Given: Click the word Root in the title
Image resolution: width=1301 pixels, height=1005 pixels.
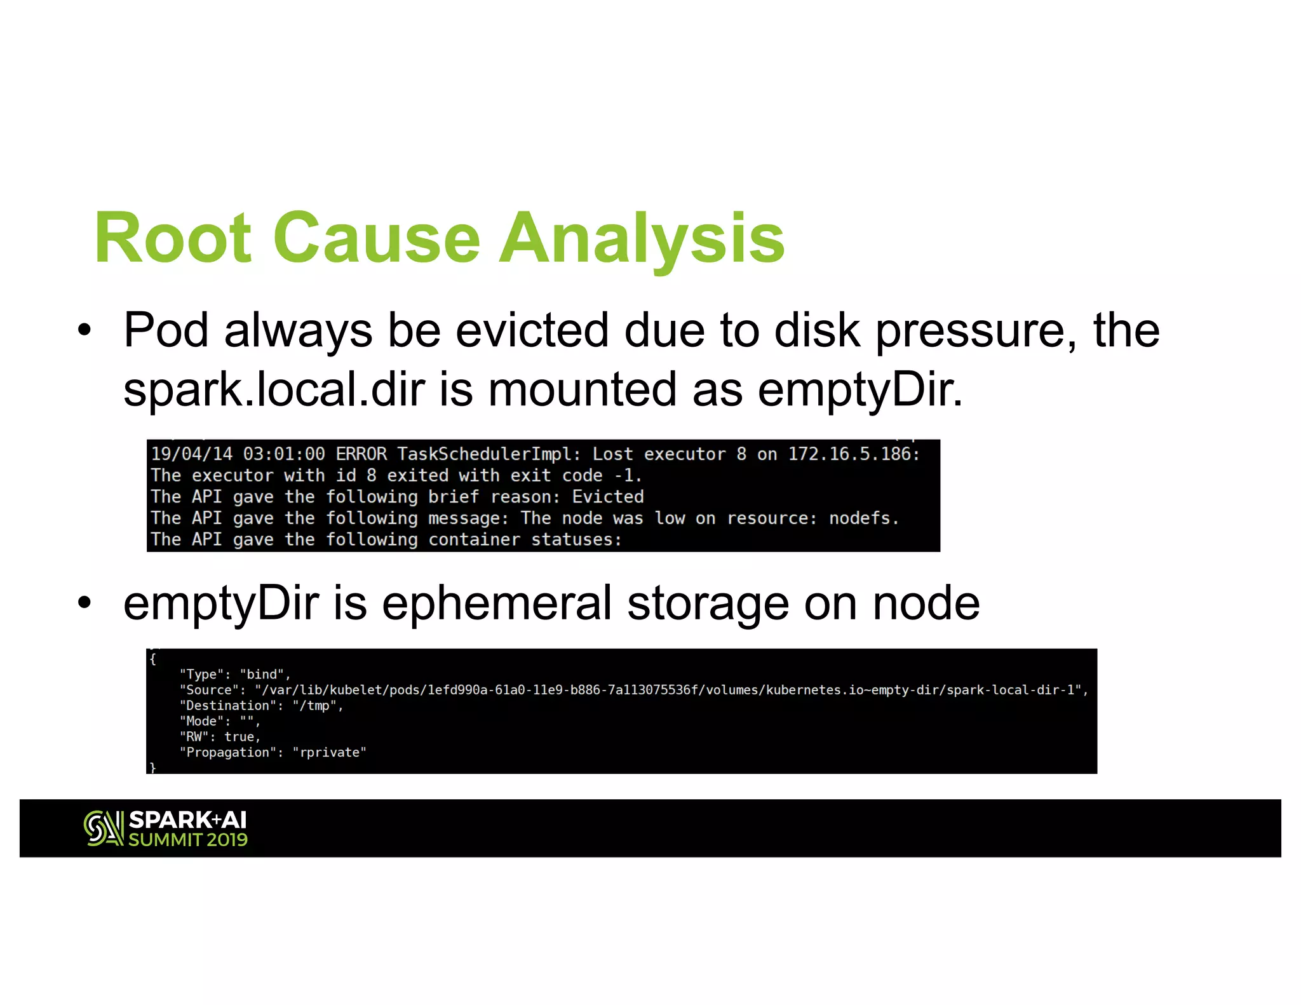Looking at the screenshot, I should point(173,238).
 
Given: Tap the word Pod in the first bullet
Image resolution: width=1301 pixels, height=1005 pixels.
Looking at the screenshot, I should point(165,330).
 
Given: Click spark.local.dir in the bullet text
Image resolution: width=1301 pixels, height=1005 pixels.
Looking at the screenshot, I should point(273,389).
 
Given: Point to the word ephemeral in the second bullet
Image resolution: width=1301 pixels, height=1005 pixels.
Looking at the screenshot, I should point(496,603).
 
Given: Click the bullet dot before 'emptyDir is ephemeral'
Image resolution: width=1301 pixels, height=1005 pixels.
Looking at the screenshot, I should point(84,603).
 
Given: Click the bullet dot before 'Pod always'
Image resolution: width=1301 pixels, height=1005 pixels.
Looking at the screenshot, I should point(84,330).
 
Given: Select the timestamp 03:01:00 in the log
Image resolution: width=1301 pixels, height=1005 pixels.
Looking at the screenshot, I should point(284,454).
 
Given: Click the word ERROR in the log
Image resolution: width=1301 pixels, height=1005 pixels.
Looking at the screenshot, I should point(361,454).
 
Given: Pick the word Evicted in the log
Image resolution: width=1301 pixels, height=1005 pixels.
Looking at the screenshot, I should point(608,497).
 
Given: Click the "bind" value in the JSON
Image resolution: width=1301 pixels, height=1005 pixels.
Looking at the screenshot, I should point(262,675).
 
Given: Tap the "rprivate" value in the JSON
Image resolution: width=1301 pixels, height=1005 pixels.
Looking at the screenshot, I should point(329,753).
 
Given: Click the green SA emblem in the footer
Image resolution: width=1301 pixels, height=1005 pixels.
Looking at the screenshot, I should point(103,828).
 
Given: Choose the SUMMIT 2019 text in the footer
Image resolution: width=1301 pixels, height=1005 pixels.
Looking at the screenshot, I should point(188,840).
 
